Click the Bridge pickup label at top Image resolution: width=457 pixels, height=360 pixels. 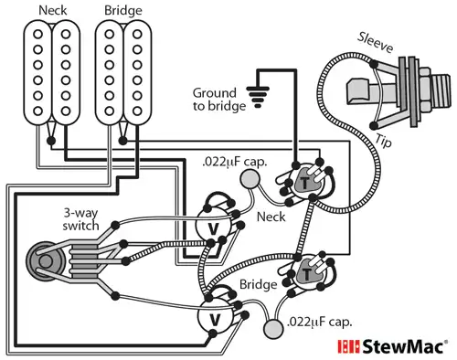[x=122, y=10]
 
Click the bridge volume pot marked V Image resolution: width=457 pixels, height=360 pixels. [x=215, y=319]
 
